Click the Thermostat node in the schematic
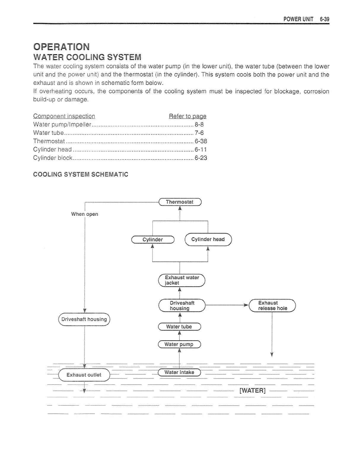(x=180, y=202)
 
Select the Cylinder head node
(x=208, y=239)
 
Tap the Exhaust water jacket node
(x=182, y=280)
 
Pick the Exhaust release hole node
(x=273, y=305)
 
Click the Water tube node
(x=179, y=326)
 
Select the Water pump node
(x=179, y=344)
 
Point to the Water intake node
(x=179, y=372)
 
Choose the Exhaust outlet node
(x=84, y=375)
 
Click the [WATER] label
(x=252, y=390)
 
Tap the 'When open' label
(x=85, y=214)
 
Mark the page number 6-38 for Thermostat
(x=201, y=141)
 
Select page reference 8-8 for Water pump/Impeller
(x=199, y=125)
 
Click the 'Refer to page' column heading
(x=187, y=116)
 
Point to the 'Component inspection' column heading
(x=64, y=116)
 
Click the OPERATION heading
(x=61, y=47)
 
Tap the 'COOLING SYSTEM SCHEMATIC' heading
(x=81, y=174)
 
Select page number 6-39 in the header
(x=324, y=19)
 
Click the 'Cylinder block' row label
(x=53, y=158)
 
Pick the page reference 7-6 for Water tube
(x=199, y=133)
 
